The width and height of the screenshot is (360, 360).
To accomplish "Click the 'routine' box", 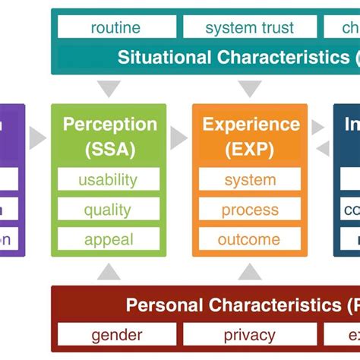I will (x=115, y=28).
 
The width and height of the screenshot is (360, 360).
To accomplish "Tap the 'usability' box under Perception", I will (x=109, y=180).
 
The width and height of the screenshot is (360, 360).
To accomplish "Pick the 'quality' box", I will (x=109, y=210).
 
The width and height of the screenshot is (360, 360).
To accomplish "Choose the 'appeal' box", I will (x=109, y=239).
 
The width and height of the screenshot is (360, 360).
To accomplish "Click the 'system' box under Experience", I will (x=250, y=180).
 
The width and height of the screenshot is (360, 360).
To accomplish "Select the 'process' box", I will (x=250, y=210).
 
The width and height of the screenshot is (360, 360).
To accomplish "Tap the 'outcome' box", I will (x=250, y=239).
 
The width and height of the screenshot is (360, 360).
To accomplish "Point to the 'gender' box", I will (x=117, y=334).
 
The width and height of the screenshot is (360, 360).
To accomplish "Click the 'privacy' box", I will (x=249, y=334).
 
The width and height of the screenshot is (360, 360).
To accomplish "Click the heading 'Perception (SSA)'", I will (x=109, y=136).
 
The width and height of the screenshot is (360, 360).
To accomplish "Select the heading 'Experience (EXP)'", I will (x=250, y=136).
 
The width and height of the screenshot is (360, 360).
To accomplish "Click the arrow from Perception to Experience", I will (x=178, y=137).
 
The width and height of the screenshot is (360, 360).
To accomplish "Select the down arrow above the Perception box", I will (x=109, y=89).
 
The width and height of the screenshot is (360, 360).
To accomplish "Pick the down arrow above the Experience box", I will (x=250, y=89).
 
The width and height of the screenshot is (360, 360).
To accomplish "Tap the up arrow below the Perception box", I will (x=109, y=271).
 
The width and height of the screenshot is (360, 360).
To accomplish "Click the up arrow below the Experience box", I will (x=250, y=271).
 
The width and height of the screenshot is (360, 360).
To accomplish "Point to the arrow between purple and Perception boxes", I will (x=37, y=137).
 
